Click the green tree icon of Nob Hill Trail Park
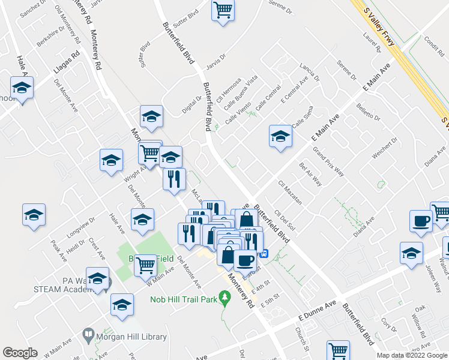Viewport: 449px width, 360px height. click(x=225, y=296)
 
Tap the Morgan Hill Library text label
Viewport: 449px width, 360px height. click(x=131, y=337)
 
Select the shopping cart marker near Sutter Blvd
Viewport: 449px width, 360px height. click(x=223, y=10)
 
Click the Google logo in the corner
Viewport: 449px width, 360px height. click(x=20, y=353)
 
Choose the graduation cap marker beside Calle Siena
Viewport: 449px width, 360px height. click(x=280, y=137)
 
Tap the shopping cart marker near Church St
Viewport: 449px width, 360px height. click(x=339, y=350)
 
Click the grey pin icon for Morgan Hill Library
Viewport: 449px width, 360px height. click(x=88, y=334)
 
